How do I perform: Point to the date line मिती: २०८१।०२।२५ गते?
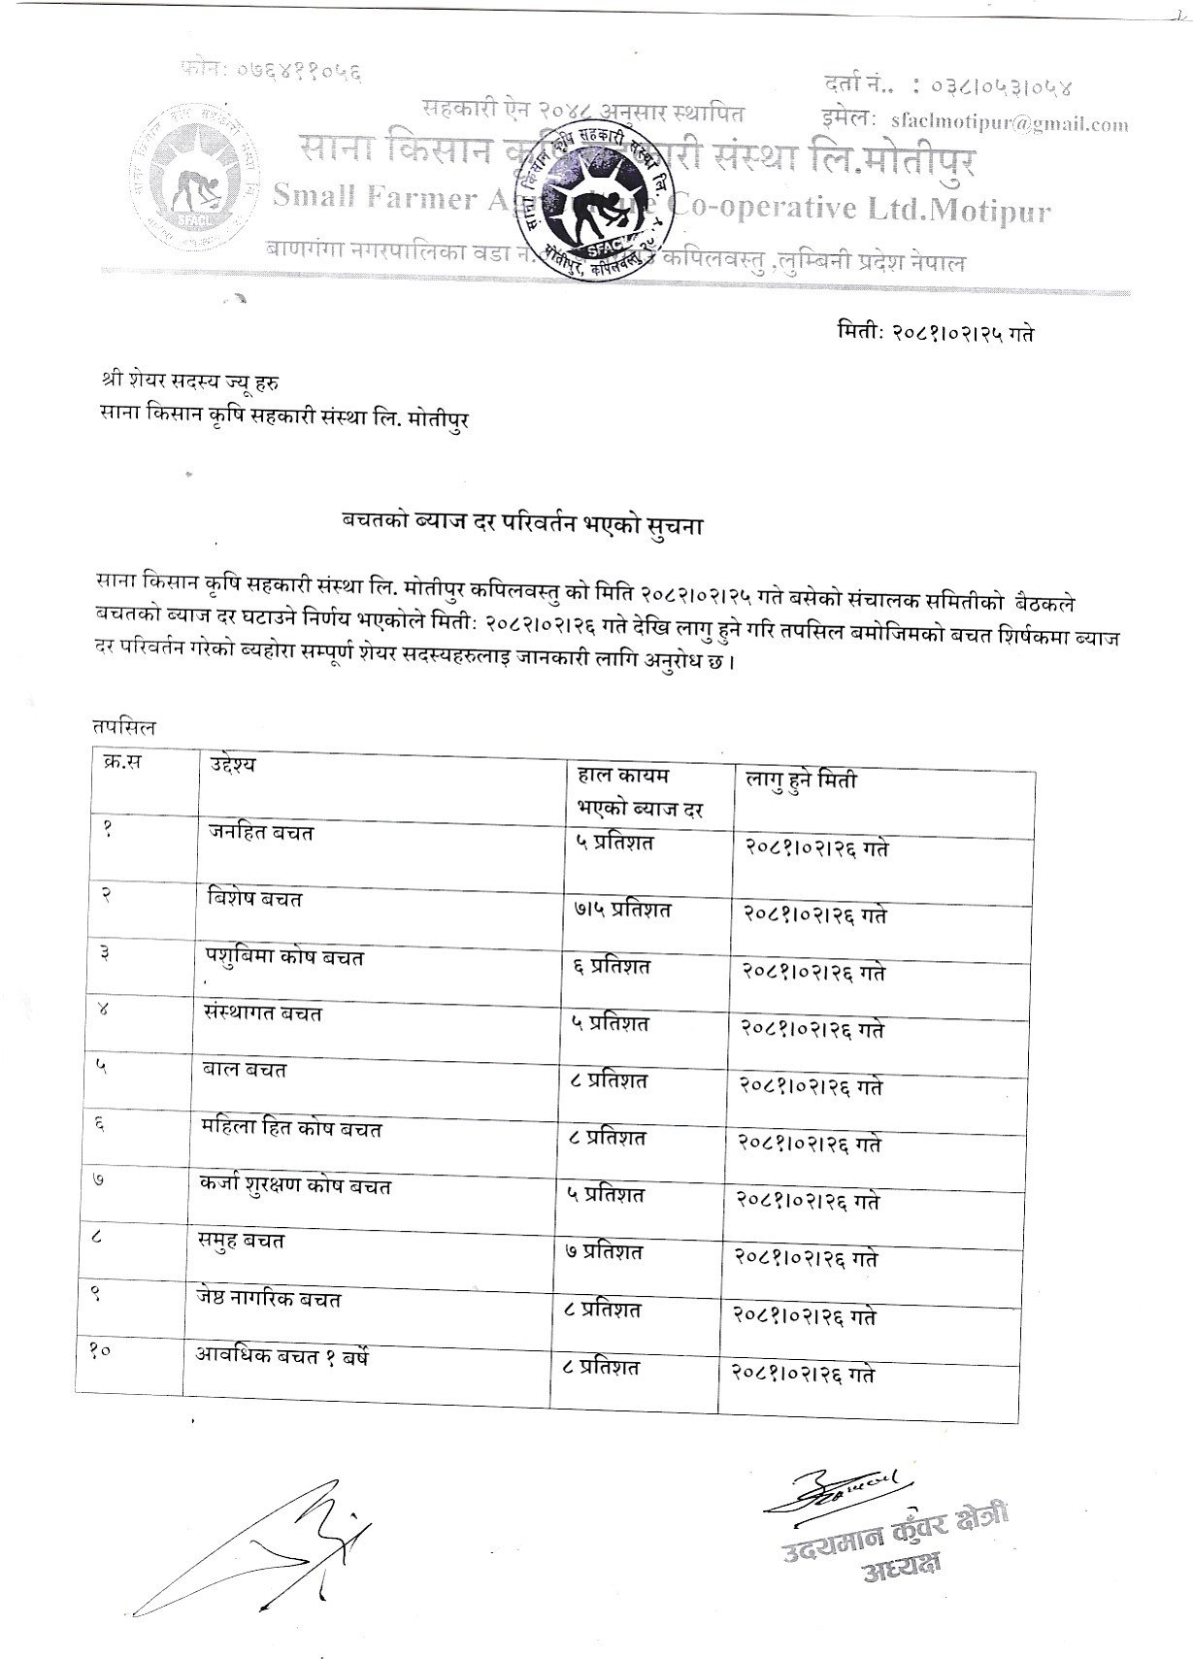coord(934,333)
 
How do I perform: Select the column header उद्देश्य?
coord(232,764)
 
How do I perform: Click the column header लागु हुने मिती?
coord(801,780)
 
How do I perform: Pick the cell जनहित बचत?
coord(261,832)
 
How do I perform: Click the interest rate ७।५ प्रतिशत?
coord(622,910)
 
